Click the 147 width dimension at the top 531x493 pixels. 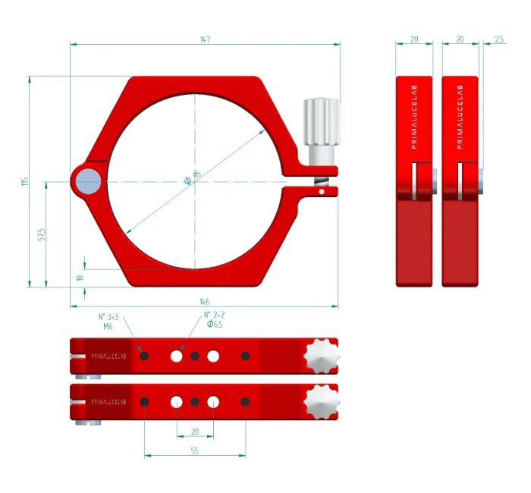[205, 39]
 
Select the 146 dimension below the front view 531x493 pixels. [204, 301]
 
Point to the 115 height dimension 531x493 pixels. [24, 181]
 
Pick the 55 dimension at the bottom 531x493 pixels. [194, 451]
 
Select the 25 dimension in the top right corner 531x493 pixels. [498, 39]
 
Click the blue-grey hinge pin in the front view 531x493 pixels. [88, 181]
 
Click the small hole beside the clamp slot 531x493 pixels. [322, 192]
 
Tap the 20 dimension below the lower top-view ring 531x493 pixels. [195, 431]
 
